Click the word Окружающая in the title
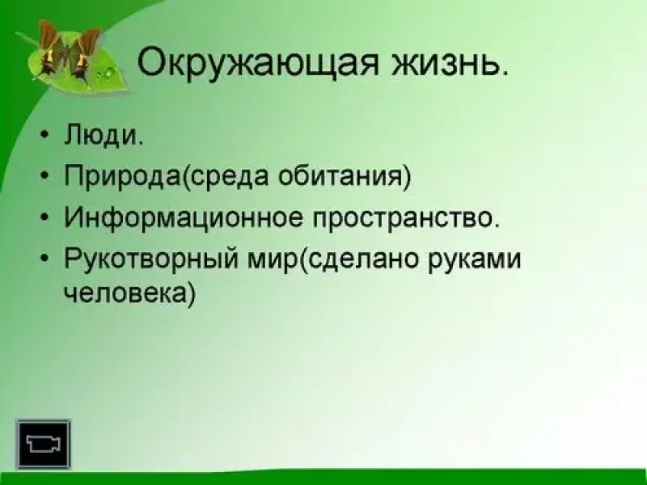(x=258, y=62)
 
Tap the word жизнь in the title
(x=447, y=62)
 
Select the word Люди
(x=102, y=135)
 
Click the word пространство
(x=403, y=218)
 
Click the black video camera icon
(x=44, y=444)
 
